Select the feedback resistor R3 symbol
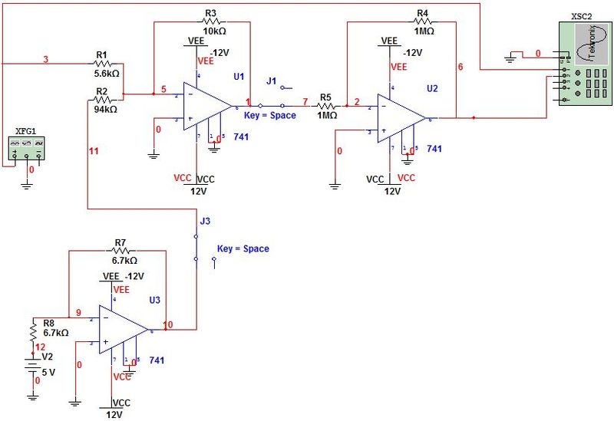pyautogui.click(x=211, y=22)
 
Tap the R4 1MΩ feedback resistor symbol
pyautogui.click(x=423, y=23)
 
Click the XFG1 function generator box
pyautogui.click(x=26, y=146)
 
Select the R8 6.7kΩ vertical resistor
pyautogui.click(x=33, y=332)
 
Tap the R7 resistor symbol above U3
pyautogui.click(x=120, y=251)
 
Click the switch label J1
pyautogui.click(x=271, y=81)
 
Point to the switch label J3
pyautogui.click(x=205, y=221)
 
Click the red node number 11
pyautogui.click(x=94, y=151)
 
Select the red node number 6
pyautogui.click(x=460, y=67)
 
